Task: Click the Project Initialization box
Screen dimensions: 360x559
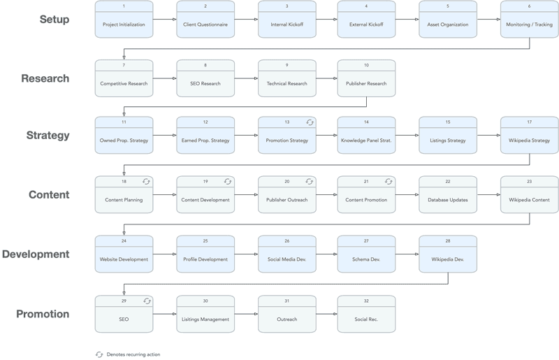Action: pyautogui.click(x=124, y=24)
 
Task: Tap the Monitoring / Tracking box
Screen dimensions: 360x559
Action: pyautogui.click(x=529, y=24)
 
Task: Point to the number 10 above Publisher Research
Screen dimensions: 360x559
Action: pyautogui.click(x=366, y=65)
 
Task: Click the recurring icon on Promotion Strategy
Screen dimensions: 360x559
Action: pyautogui.click(x=310, y=122)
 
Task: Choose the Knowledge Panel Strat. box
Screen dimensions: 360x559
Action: pyautogui.click(x=366, y=140)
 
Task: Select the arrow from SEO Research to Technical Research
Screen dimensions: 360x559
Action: pyautogui.click(x=246, y=78)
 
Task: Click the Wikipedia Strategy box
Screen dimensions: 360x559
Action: pyautogui.click(x=529, y=140)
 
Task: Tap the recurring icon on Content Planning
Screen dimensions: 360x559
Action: pyautogui.click(x=146, y=182)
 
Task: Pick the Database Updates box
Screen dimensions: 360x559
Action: pyautogui.click(x=448, y=199)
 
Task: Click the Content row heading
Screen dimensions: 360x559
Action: pyautogui.click(x=49, y=195)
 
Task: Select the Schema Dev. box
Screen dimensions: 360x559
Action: pyautogui.click(x=366, y=259)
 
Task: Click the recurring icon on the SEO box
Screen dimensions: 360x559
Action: pyautogui.click(x=146, y=301)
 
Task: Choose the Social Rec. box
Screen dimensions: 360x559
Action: pyautogui.click(x=366, y=319)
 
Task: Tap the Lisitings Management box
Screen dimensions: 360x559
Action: pyautogui.click(x=205, y=319)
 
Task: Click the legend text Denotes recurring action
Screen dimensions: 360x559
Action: pyautogui.click(x=133, y=354)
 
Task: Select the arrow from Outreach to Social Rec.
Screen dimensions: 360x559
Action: pyautogui.click(x=327, y=314)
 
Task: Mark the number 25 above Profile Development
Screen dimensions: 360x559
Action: pyautogui.click(x=205, y=241)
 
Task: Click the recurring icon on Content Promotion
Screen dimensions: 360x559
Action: pyautogui.click(x=389, y=182)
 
